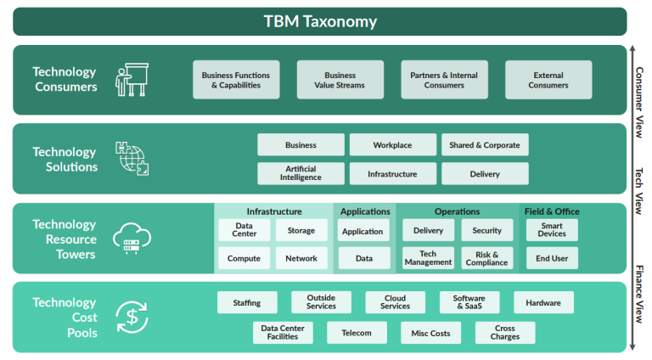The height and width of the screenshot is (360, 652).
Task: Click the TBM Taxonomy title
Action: (320, 22)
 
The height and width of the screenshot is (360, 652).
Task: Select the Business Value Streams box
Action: (340, 80)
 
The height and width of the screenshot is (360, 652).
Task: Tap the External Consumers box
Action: (548, 80)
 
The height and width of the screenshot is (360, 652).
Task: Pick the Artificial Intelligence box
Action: (301, 174)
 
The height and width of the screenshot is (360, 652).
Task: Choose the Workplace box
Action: (392, 145)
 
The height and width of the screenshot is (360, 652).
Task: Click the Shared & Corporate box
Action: (485, 145)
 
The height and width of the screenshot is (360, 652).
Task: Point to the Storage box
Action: (301, 230)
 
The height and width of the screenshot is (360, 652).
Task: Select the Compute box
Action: (244, 258)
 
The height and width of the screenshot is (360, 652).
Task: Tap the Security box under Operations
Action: (486, 230)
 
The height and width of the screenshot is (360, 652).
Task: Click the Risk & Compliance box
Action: (486, 258)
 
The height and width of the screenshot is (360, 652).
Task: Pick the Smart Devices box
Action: (552, 230)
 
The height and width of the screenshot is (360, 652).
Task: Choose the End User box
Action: (552, 258)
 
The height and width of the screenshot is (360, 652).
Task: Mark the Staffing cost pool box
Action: (247, 303)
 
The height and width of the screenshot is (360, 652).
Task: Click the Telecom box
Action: (357, 333)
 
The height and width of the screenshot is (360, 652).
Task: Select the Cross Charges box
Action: (504, 333)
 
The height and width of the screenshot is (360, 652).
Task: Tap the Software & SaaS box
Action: (469, 303)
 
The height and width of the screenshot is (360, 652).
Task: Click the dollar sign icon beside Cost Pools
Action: (132, 318)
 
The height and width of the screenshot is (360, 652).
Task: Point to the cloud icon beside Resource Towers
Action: (132, 239)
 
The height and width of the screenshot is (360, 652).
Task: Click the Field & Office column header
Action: (552, 211)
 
